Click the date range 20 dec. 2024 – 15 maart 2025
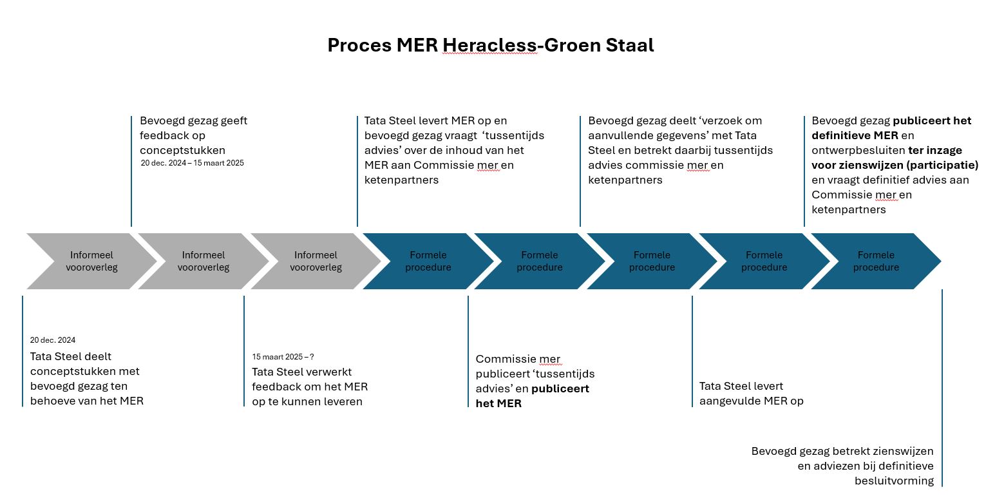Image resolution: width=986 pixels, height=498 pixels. click(x=192, y=163)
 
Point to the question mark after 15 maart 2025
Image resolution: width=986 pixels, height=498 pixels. click(x=312, y=357)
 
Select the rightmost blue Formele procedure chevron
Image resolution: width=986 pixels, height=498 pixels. click(x=876, y=261)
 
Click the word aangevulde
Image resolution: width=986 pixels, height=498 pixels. click(x=732, y=401)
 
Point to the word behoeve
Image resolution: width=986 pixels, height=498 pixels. click(x=52, y=401)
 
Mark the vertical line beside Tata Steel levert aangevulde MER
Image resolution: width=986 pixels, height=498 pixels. click(x=692, y=351)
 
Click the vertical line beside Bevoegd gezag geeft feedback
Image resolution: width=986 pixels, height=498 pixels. click(x=131, y=171)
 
